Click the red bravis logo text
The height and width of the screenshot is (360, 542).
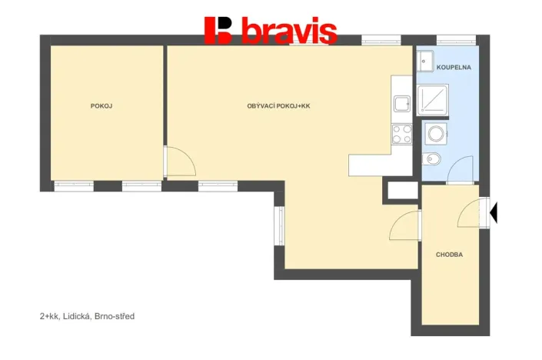(x=288, y=32)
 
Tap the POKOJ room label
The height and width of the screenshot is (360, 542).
(x=101, y=106)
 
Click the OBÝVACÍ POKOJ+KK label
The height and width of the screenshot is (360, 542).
(x=278, y=106)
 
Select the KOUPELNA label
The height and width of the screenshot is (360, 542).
(x=453, y=68)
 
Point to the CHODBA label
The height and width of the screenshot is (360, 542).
(x=449, y=254)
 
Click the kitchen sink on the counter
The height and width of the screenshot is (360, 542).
(x=402, y=103)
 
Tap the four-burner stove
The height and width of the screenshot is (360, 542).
(x=402, y=134)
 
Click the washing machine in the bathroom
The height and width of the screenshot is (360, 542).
(x=435, y=135)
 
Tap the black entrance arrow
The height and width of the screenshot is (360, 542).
(x=494, y=212)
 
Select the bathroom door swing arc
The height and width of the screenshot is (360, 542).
(x=461, y=168)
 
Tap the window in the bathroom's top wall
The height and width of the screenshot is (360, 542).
(x=448, y=40)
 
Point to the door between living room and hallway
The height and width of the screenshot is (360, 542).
(x=405, y=225)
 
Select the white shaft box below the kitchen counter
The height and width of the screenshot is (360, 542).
(x=401, y=190)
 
